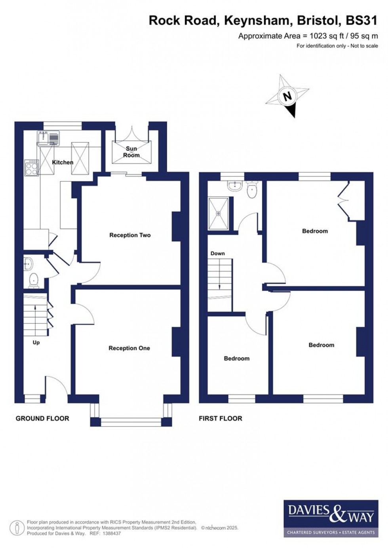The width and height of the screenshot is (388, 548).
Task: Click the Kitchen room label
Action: tap(63, 162)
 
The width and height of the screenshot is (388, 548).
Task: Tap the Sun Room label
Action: tap(131, 152)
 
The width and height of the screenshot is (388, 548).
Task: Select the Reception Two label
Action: tap(130, 235)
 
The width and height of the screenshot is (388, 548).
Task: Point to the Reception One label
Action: tap(129, 348)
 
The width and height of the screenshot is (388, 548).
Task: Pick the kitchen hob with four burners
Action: tap(32, 167)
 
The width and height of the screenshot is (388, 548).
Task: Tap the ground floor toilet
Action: tap(34, 280)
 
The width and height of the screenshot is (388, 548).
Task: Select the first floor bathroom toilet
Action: tap(251, 190)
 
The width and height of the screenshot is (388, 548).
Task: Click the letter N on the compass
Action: tap(287, 96)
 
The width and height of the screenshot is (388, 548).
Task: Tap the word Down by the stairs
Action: tap(217, 253)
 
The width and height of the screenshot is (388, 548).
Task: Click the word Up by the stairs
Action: tap(36, 342)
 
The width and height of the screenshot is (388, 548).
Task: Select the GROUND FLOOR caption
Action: tap(42, 418)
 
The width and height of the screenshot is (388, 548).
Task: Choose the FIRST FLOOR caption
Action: tap(220, 418)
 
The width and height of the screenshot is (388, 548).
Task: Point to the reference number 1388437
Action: tap(111, 533)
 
